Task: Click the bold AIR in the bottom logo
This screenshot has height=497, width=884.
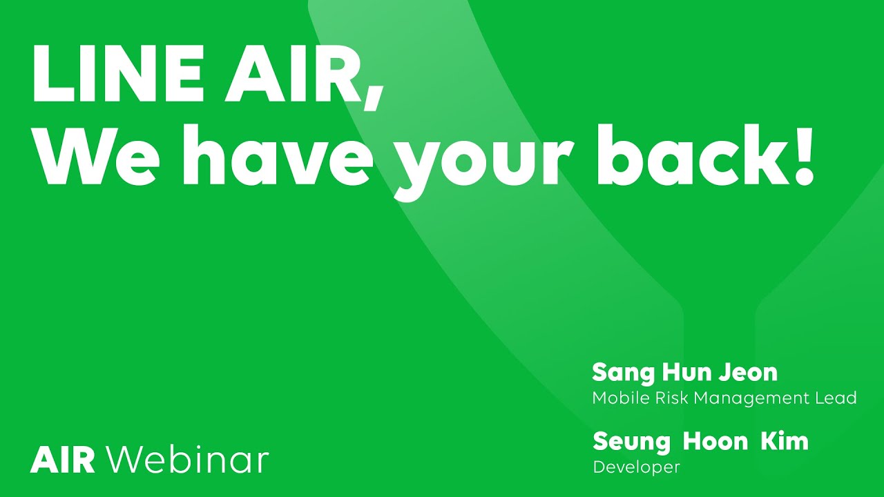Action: point(62,460)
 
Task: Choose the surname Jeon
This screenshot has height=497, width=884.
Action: point(749,372)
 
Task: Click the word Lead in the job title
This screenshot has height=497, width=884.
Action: point(838,398)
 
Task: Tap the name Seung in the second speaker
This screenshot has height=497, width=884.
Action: point(631,442)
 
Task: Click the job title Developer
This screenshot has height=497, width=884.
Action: point(636,467)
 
